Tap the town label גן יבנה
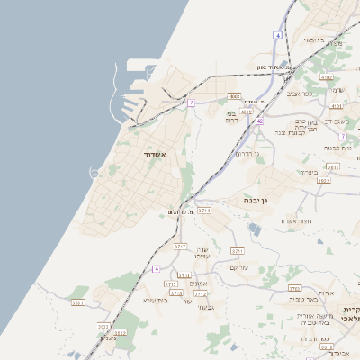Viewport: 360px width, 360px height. (x=256, y=201)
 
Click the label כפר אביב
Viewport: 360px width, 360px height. (x=301, y=93)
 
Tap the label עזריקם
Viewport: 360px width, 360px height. (x=239, y=267)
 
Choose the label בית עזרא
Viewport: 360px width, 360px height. (x=156, y=300)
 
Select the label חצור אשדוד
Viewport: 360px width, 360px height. (x=294, y=220)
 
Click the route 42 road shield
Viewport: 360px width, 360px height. (x=259, y=120)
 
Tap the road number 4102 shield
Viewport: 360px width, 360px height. (x=325, y=77)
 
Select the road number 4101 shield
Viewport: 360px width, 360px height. (x=336, y=105)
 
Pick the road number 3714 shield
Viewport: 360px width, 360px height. (x=203, y=210)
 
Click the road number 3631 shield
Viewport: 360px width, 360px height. (x=78, y=303)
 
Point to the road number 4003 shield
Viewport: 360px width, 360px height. (x=235, y=95)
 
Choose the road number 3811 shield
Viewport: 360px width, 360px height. (x=333, y=166)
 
